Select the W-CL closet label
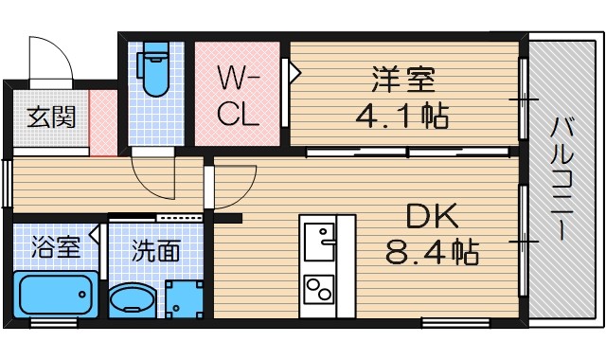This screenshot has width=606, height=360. coord(238,95)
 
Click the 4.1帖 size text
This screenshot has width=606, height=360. coord(401,117)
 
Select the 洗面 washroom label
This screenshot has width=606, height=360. coord(155,251)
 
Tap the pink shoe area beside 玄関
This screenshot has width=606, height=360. coord(102,122)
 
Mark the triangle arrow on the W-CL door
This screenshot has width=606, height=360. coord(294,71)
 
